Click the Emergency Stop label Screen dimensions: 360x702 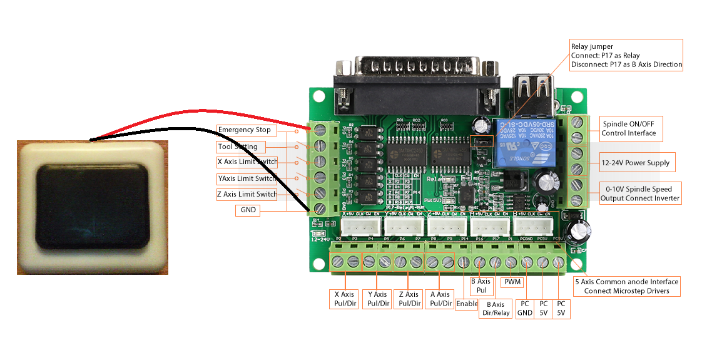click(245, 130)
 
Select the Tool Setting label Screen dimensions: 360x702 click(237, 147)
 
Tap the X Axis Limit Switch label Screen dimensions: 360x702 click(247, 162)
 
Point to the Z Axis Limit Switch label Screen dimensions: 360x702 click(247, 194)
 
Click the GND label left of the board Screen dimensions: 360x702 click(248, 210)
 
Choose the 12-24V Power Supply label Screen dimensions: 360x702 click(635, 163)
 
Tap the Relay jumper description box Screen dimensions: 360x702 click(626, 55)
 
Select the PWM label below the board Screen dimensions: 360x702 click(512, 282)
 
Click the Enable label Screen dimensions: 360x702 click(467, 304)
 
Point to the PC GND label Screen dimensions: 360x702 click(524, 307)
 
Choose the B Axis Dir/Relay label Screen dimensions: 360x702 click(494, 309)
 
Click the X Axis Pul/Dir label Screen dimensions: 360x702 click(344, 299)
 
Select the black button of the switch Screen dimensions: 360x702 click(93, 206)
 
